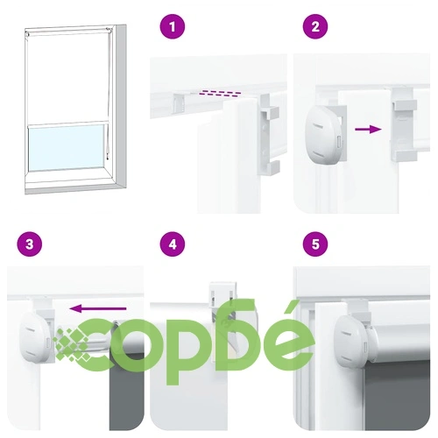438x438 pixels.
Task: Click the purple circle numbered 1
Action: (173, 26)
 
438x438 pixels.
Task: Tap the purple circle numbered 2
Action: (315, 26)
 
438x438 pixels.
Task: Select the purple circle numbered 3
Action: (29, 244)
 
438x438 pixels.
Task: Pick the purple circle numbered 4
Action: (173, 244)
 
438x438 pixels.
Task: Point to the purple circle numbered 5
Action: (315, 244)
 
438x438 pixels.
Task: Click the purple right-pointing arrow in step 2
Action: (368, 129)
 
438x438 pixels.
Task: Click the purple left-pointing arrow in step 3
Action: (98, 308)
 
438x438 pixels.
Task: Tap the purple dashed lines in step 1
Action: (220, 94)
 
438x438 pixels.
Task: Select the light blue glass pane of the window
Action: (66, 147)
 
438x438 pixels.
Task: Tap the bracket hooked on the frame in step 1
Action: (268, 134)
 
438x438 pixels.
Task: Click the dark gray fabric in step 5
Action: (398, 396)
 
